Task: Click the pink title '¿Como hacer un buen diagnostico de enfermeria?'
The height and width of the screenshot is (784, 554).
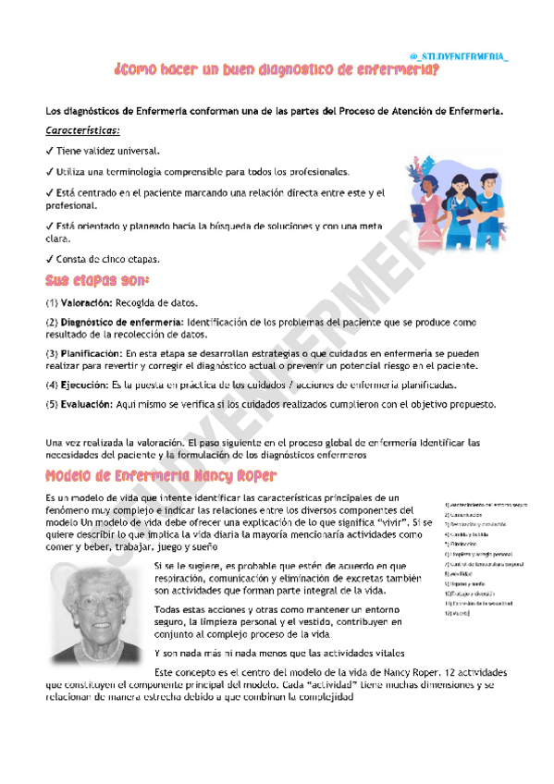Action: click(276, 70)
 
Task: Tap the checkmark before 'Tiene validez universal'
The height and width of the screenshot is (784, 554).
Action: click(49, 151)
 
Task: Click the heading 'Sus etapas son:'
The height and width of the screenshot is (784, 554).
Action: click(97, 279)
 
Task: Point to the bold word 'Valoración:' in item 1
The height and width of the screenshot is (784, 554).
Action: click(87, 302)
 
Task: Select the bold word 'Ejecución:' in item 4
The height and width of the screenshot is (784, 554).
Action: click(83, 385)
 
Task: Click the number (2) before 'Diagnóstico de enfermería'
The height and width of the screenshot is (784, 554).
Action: click(52, 322)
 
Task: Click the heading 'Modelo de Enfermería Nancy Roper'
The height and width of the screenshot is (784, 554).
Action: click(161, 476)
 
